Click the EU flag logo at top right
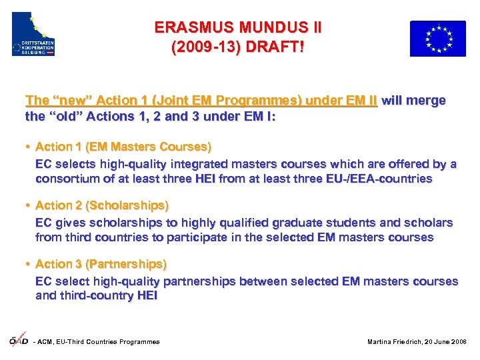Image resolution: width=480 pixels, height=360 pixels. point(437,38)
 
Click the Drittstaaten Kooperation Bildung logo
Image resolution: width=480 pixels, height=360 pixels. point(33,34)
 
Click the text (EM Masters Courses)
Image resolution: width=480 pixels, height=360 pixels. point(147,147)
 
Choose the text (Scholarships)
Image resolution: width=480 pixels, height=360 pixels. point(127,205)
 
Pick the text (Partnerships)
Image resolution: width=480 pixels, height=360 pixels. point(127,264)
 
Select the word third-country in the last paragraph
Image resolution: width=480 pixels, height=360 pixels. point(93,296)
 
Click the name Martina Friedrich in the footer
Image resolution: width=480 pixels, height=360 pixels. point(397,342)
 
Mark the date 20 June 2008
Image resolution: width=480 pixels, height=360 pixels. point(449,342)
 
